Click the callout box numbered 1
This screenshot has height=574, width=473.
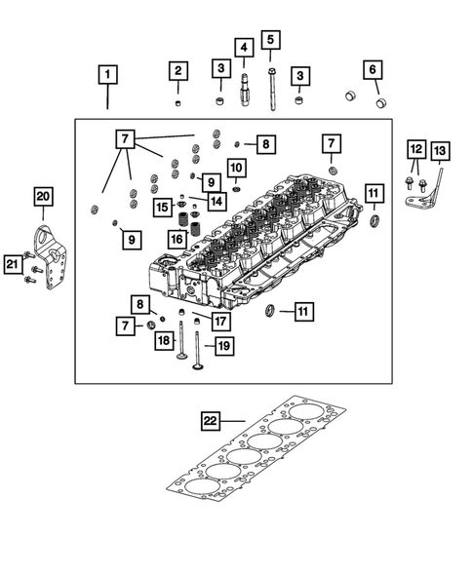pyautogui.click(x=107, y=74)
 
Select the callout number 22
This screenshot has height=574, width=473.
pyautogui.click(x=211, y=421)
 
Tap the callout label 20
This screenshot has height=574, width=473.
pyautogui.click(x=41, y=197)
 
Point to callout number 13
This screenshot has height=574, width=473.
pyautogui.click(x=439, y=150)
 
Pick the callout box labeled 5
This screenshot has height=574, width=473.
pyautogui.click(x=270, y=40)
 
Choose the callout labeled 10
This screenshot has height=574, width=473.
pyautogui.click(x=235, y=168)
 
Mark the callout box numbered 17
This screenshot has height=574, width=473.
pyautogui.click(x=221, y=320)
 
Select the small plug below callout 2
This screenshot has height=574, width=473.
pyautogui.click(x=177, y=101)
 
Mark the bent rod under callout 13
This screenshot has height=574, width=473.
pyautogui.click(x=444, y=185)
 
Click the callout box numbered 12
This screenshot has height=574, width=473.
pyautogui.click(x=416, y=150)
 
